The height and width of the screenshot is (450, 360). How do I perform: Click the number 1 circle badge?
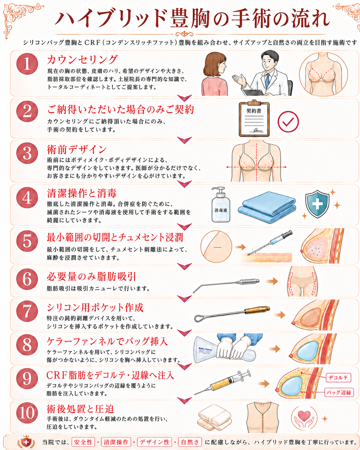coord(27,64)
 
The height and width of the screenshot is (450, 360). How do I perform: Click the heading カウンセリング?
coord(82,60)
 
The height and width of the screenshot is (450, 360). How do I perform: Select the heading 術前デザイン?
coord(77,150)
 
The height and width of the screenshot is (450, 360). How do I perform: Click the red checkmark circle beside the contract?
coord(288,122)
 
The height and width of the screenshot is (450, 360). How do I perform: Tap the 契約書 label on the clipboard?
coord(254,111)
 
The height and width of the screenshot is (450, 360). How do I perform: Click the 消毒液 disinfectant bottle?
coord(220,204)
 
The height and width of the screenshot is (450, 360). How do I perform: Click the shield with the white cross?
coord(317,204)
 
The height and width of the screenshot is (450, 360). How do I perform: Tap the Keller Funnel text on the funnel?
coord(205,349)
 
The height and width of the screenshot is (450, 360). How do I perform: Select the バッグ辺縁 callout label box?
coord(339,392)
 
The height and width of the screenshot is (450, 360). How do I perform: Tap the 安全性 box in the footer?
coord(83,442)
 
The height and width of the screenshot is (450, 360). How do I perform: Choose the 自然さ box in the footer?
coord(190,442)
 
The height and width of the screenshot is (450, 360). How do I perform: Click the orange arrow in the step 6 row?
coord(272,281)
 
